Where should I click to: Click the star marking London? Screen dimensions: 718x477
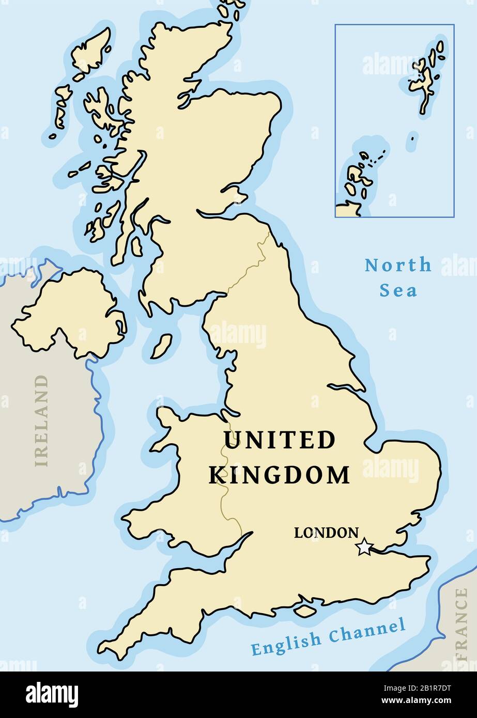(x=364, y=547)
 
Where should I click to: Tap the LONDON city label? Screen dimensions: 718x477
(x=326, y=533)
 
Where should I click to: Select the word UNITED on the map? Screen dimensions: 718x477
(x=279, y=441)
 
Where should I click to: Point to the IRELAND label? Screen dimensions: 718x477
(x=41, y=420)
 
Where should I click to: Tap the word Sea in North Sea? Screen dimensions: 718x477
(x=398, y=290)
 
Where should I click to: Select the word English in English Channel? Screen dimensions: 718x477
(x=286, y=642)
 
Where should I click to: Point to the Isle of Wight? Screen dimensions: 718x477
(x=305, y=611)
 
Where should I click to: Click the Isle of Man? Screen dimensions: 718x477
(x=161, y=347)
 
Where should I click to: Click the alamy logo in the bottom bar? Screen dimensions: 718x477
(x=52, y=694)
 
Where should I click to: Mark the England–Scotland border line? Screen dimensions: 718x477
(x=248, y=269)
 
